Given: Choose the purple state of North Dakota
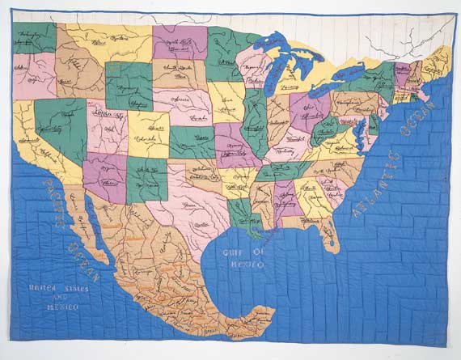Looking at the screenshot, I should (180, 40).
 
